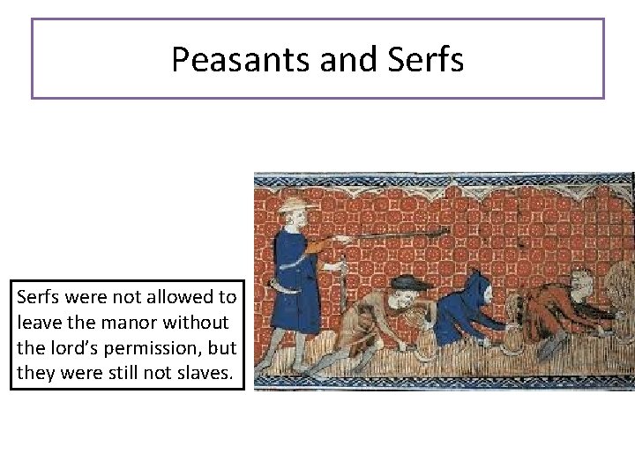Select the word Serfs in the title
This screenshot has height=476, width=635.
coord(425,60)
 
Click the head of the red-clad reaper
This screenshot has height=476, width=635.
coord(580,284)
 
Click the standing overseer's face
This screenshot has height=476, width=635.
coord(297,219)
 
